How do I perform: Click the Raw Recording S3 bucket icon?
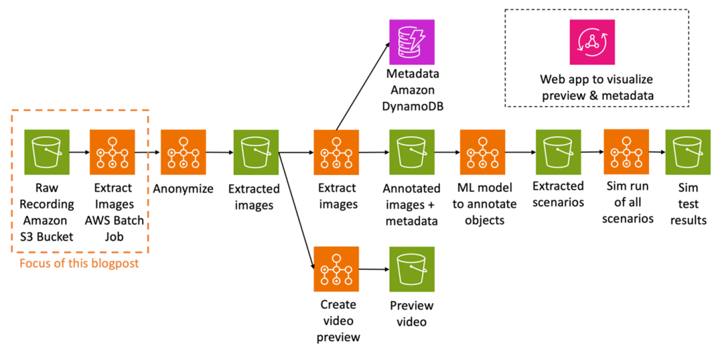[46, 152]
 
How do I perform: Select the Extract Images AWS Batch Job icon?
[112, 152]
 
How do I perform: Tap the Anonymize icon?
[183, 152]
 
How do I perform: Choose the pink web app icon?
[592, 41]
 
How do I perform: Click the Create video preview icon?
[337, 269]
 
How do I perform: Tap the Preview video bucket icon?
[411, 269]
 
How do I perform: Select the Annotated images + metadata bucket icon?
[411, 152]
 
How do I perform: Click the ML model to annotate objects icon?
[482, 152]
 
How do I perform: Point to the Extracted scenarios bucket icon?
[558, 152]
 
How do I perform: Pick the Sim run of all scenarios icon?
[626, 152]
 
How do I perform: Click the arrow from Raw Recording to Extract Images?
[79, 152]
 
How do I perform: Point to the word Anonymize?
[183, 188]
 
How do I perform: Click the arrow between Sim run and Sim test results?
[659, 152]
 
